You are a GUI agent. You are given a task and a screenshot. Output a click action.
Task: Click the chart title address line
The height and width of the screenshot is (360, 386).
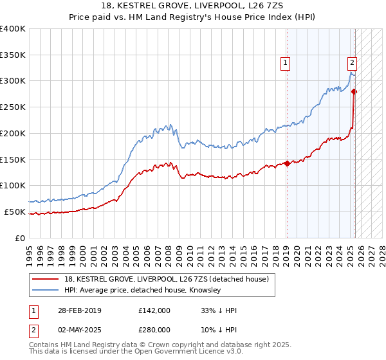pos(193,6)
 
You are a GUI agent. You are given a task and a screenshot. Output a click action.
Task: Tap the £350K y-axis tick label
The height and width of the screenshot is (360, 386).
pos(13,55)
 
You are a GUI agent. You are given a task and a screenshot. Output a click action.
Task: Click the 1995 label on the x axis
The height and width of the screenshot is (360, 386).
pos(30,251)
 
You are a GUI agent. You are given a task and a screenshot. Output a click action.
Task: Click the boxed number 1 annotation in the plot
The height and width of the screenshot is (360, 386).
pos(285,63)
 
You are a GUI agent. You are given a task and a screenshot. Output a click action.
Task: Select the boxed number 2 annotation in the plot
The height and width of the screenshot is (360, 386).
pos(353,63)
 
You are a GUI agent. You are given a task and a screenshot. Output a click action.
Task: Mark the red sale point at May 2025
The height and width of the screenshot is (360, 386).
pos(354,91)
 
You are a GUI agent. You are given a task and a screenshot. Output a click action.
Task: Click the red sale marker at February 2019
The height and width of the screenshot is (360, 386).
pos(287,163)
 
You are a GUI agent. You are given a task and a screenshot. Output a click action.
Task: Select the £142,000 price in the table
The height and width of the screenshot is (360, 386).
pos(154,310)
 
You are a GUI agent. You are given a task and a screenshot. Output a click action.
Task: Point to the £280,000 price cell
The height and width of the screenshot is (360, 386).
pos(154,330)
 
